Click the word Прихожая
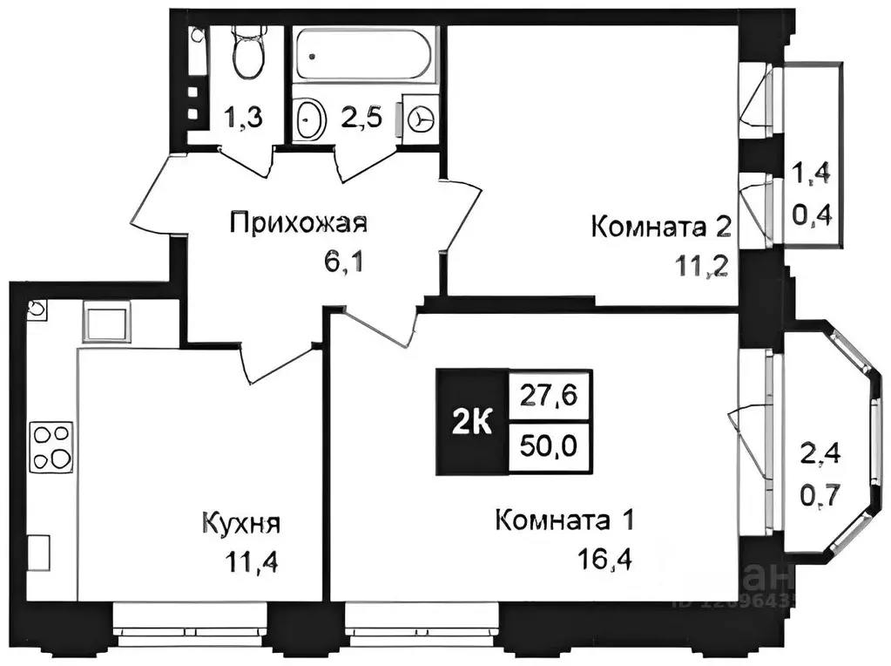pos(299,223)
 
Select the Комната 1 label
pos(563,521)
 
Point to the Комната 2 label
pos(660,228)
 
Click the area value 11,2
pos(702,264)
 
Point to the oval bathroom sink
pos(309,120)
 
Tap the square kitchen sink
pos(106,323)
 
